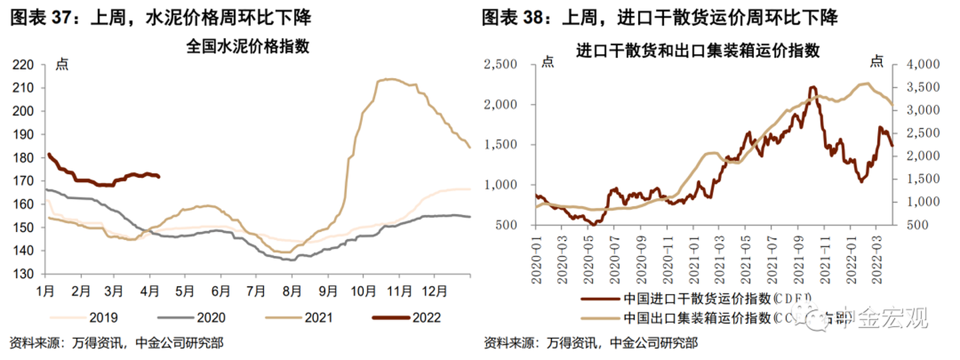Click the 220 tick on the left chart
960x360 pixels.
tap(24, 65)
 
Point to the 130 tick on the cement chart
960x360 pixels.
tap(24, 274)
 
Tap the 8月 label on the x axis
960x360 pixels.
tap(290, 291)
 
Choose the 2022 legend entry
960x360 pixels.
tap(427, 317)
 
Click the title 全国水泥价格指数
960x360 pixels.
tap(247, 47)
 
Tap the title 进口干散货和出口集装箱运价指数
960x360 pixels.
tap(698, 51)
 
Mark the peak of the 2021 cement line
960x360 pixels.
tap(389, 79)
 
